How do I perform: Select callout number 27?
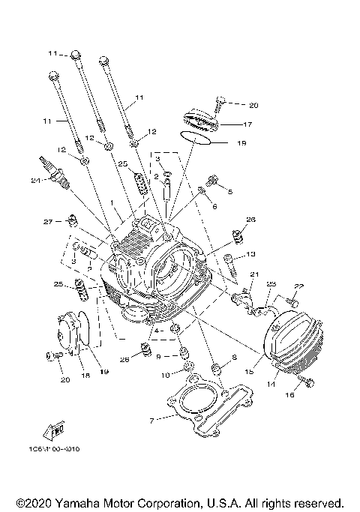pos(48,222)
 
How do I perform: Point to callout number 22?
pos(299,286)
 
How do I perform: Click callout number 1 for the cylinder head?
pos(112,203)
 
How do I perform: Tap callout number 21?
pos(254,274)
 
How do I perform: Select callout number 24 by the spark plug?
pos(34,179)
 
